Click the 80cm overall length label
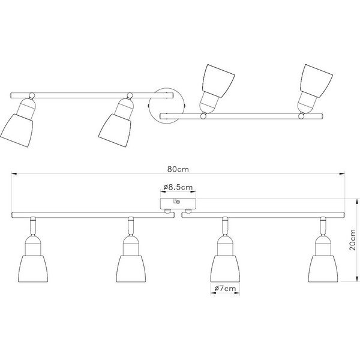pos(178,169)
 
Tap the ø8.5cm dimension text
pos(178,187)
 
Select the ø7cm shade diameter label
pos(225,289)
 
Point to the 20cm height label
pos(353,240)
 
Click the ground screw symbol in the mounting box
pos(178,202)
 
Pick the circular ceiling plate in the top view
pos(166,106)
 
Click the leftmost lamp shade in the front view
pos(33,269)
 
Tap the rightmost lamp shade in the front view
pos(323,269)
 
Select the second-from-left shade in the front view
pos(131,269)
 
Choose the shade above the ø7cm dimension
pos(225,269)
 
